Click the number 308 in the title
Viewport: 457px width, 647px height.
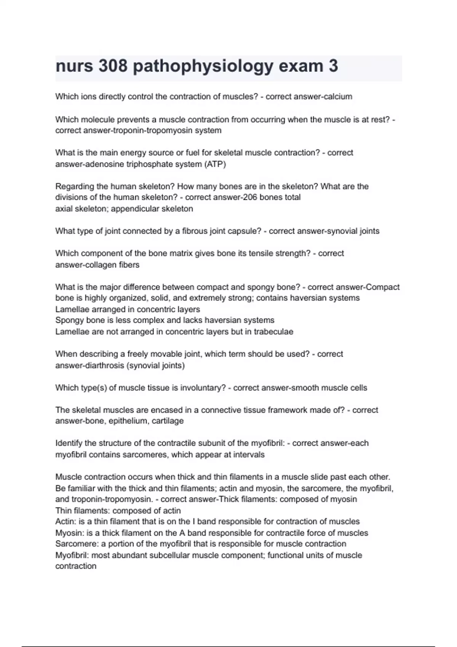click(x=113, y=66)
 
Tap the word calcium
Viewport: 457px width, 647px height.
click(x=337, y=97)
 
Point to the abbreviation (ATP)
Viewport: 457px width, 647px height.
click(x=215, y=164)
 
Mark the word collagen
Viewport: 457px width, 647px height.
click(x=96, y=265)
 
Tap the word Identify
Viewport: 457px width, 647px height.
click(x=68, y=443)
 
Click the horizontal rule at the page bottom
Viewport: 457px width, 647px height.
click(x=228, y=646)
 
